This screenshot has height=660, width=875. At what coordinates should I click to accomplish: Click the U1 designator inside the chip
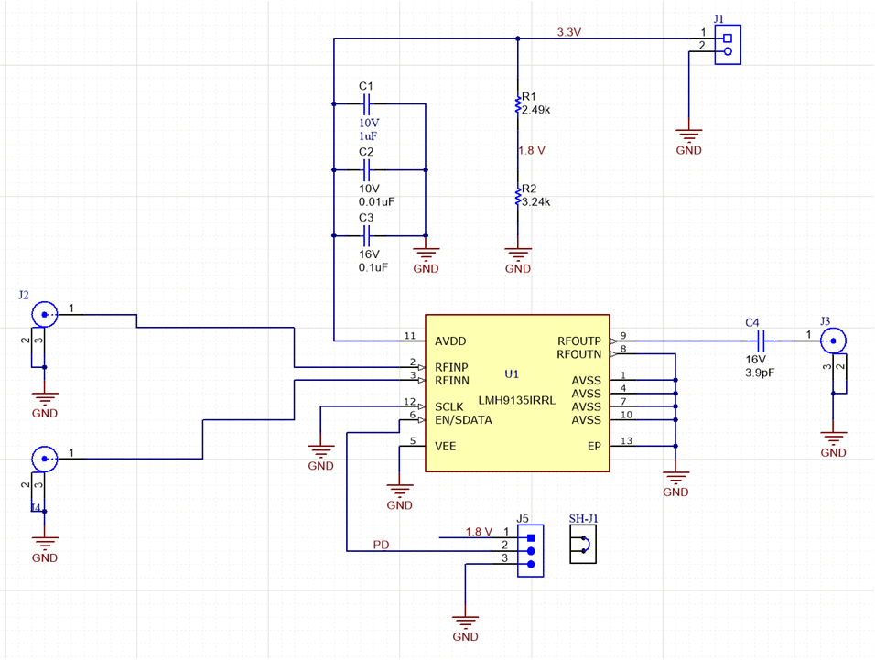512,373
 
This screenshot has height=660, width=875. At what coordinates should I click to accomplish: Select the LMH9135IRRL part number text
516,400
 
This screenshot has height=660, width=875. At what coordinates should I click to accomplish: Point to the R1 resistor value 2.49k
535,110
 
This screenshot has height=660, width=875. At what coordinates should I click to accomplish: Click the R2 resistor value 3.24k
535,202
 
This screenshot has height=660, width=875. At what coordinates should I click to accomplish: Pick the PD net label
382,545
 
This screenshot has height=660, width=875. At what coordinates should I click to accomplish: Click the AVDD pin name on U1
451,341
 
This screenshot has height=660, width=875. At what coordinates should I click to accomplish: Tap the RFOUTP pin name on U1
579,341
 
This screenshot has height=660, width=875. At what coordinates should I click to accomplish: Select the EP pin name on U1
593,446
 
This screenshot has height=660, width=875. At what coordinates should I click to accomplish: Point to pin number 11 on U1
410,336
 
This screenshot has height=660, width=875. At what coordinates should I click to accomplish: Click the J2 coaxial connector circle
43,314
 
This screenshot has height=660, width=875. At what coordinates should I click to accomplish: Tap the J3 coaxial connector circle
833,342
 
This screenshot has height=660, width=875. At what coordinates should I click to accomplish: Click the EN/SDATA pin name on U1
464,420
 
